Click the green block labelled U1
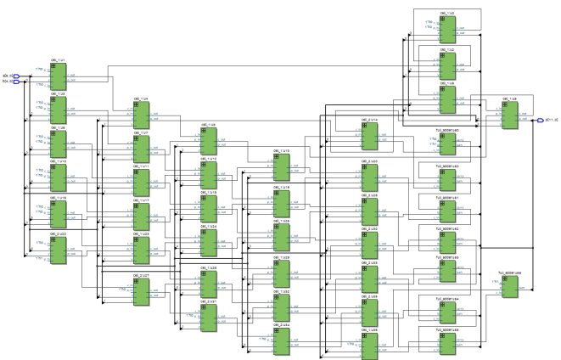58,78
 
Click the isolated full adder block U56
509,287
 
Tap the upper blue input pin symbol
15,76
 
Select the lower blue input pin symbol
15,82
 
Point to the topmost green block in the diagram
447,28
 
